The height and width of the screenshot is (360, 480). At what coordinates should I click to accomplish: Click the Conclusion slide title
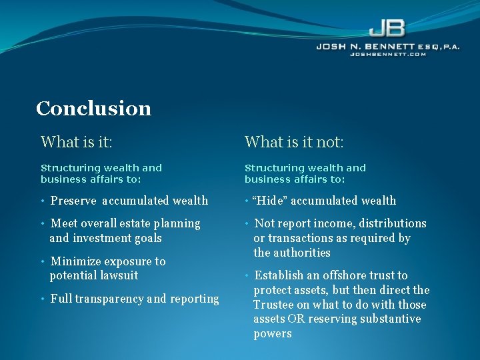[x=93, y=108]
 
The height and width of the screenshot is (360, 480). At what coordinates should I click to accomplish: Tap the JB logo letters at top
[x=387, y=29]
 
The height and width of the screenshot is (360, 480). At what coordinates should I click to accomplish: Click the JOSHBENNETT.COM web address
[x=388, y=55]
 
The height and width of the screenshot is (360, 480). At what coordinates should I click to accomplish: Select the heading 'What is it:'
[x=76, y=142]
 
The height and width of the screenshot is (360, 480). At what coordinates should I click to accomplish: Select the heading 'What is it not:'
[x=294, y=142]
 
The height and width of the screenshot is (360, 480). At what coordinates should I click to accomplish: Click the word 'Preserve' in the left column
[x=73, y=201]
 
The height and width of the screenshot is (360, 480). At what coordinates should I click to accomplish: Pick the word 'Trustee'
[x=274, y=305]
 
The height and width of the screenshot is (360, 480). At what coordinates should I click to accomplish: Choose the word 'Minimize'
[x=75, y=261]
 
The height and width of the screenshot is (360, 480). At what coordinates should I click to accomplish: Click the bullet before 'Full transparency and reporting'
[x=43, y=299]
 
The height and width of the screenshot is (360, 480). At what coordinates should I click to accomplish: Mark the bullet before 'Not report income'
[x=247, y=223]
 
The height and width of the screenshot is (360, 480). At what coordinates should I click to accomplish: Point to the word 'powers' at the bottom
[x=272, y=334]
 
